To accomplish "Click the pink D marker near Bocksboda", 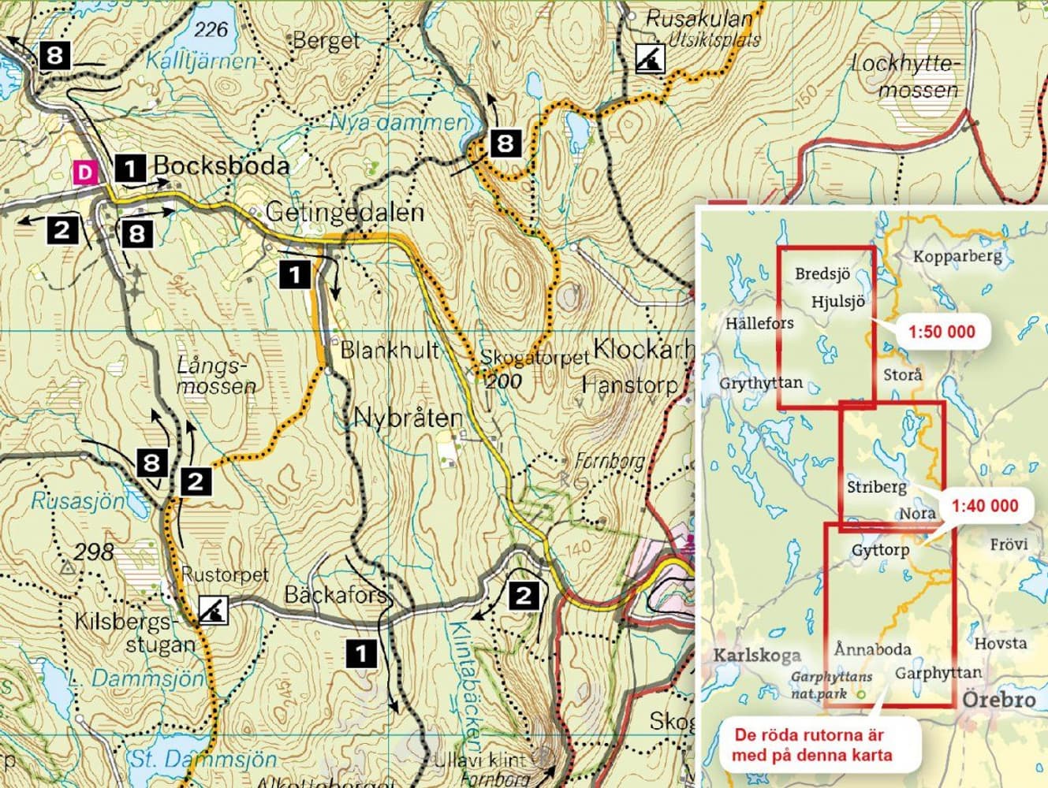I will click(84, 171).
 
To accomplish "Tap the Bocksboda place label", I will click(221, 165).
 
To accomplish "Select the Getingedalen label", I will click(345, 212).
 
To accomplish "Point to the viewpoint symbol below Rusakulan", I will click(651, 58).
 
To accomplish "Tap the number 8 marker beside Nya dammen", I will click(505, 143).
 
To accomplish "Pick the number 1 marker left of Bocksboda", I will click(129, 167).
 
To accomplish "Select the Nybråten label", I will click(407, 418).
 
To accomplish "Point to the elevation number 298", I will click(94, 551).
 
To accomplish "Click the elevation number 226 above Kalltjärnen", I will click(211, 30).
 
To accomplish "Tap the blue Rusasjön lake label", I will click(78, 500).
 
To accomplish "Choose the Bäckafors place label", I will click(336, 593).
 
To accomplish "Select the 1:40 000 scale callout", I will click(984, 505).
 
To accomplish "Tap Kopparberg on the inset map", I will click(957, 256).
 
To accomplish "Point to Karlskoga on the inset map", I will click(757, 655).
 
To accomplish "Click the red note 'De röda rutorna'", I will click(813, 745).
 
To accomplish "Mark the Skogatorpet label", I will click(535, 357).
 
